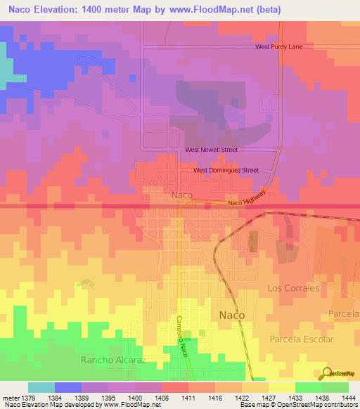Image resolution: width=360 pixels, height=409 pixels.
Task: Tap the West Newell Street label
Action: coord(211,150)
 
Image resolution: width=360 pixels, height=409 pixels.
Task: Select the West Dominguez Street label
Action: coord(226,170)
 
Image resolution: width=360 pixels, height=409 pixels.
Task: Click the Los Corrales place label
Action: coord(293,288)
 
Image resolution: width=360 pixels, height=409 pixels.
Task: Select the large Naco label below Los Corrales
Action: coord(232,315)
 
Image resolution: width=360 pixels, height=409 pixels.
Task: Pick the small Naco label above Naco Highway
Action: coord(182,195)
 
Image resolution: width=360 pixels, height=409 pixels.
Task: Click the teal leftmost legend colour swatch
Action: coord(41,387)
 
